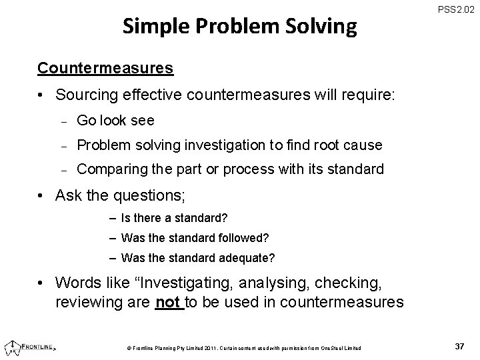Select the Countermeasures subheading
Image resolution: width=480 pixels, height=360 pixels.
tap(106, 68)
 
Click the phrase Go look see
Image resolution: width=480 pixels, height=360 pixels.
tap(115, 121)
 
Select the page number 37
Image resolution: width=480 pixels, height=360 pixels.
tap(458, 347)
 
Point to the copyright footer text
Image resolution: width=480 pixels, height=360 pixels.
tap(244, 348)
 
